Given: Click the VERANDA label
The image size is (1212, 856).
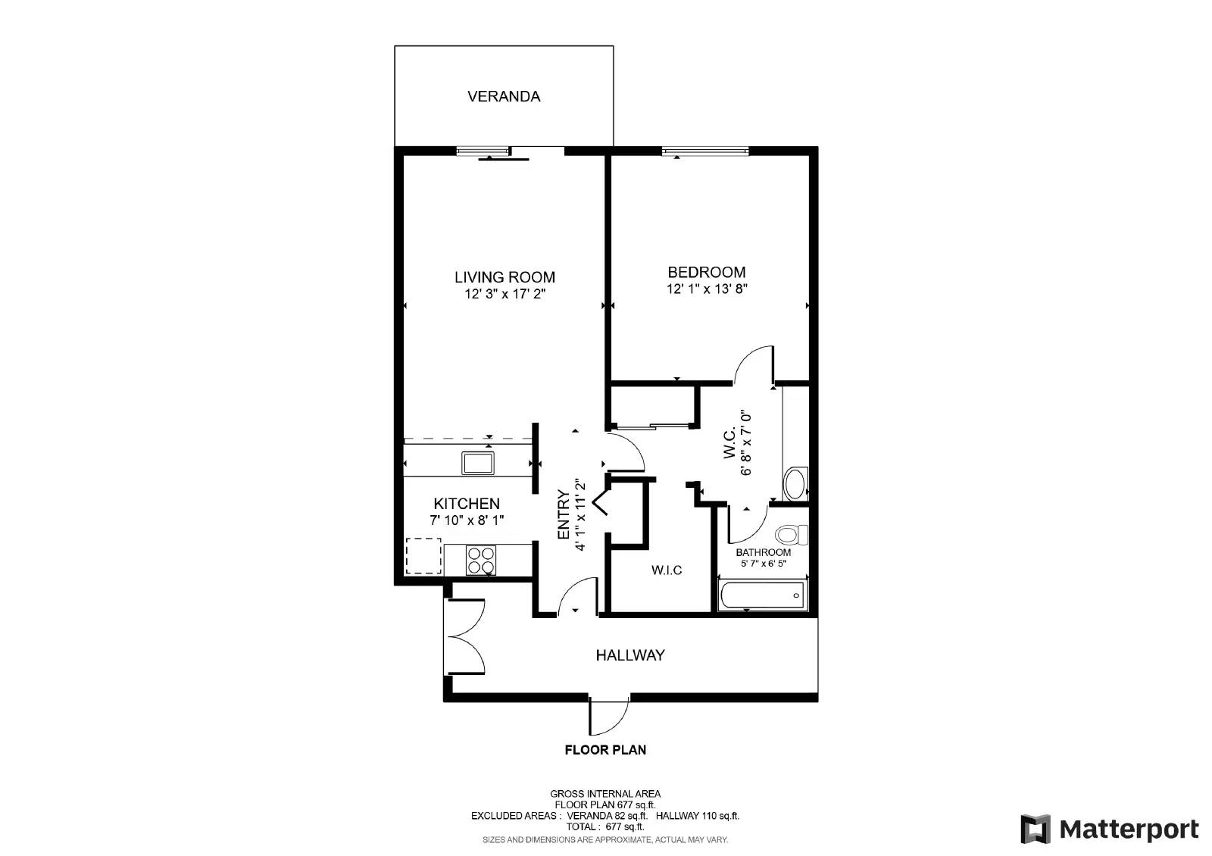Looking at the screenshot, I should [x=504, y=96].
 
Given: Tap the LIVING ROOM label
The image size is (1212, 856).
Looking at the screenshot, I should [x=504, y=277].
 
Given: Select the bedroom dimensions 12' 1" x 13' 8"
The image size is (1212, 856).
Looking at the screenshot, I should [x=707, y=289].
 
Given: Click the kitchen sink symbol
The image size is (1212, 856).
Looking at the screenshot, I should [x=478, y=462].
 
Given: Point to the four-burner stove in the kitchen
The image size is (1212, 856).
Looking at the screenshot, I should [x=480, y=561].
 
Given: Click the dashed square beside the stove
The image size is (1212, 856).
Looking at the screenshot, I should [x=423, y=556].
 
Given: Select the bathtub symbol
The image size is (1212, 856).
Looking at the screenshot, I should [x=763, y=595].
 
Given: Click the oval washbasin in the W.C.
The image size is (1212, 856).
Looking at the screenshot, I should [x=795, y=484].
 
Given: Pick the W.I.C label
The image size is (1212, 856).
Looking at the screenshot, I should [x=667, y=570].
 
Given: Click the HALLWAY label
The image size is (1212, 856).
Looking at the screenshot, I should [x=630, y=655].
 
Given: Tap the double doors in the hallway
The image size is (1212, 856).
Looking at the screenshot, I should [x=464, y=637].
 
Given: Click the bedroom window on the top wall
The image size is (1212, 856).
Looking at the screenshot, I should [x=705, y=152].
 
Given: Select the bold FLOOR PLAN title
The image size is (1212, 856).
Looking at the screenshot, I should [x=605, y=750].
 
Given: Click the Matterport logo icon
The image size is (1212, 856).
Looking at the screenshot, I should [x=1036, y=829].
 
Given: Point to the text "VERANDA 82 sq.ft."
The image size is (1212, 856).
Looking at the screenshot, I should [x=607, y=816].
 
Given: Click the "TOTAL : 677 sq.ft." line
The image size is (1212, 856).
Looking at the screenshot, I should [x=605, y=827].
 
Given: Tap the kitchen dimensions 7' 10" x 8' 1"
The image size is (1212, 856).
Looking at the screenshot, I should [x=467, y=520].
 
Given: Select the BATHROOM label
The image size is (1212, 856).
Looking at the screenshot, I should [x=763, y=552].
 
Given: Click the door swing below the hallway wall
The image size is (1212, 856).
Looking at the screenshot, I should [x=609, y=717].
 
